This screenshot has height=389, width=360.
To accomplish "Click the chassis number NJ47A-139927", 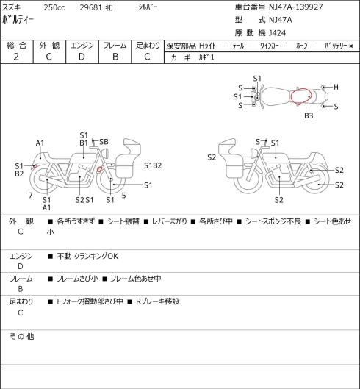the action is (296, 7).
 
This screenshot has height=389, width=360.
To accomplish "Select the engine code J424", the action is (278, 33).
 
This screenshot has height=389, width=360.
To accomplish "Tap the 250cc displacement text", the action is (54, 7).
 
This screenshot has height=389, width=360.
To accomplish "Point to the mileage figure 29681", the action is (91, 7).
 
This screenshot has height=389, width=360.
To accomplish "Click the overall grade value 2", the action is (16, 57).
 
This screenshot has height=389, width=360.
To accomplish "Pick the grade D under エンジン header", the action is (82, 57).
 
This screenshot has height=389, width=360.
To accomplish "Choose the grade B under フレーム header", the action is (115, 57).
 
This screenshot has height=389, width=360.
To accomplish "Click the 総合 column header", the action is (16, 46).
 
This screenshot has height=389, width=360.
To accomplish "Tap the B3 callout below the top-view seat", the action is (309, 115).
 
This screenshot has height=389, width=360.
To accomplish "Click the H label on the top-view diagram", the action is (336, 87).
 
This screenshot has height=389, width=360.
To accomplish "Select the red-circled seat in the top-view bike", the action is (300, 96).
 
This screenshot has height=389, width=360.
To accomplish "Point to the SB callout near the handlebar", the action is (104, 142).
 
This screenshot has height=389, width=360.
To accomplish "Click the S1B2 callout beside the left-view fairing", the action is (153, 165).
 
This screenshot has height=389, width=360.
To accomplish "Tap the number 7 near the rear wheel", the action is (31, 196).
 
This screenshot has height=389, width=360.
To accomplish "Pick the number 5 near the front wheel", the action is (123, 196).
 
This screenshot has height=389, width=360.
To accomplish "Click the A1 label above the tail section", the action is (40, 143).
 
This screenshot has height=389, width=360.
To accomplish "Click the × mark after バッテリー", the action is (351, 46).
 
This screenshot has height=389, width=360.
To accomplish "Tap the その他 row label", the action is (21, 336).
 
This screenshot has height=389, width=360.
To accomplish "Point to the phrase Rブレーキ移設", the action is (158, 301).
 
